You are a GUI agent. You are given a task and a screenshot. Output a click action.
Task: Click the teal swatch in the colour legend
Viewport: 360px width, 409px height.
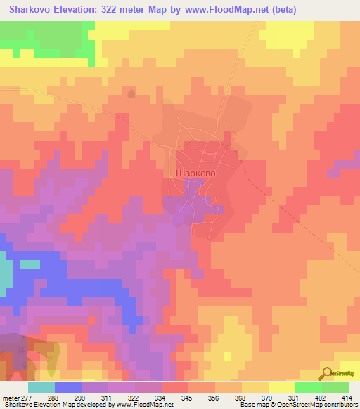point(41,387)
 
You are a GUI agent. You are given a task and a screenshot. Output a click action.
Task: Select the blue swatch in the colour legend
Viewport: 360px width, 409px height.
point(68,387)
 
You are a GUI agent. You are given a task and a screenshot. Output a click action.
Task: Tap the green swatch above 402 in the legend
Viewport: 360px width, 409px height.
point(308,387)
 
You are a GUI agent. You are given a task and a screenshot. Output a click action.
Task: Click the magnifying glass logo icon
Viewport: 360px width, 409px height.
point(328,375)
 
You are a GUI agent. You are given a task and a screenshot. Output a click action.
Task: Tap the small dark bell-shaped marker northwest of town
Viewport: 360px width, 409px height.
point(131,93)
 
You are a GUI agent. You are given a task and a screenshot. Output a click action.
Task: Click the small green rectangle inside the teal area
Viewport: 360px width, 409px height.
point(30,264)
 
